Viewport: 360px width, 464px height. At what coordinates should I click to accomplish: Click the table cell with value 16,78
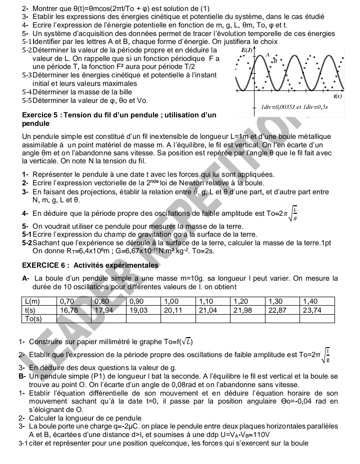tap(69, 310)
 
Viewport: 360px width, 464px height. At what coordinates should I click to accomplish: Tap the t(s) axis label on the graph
tap(338, 95)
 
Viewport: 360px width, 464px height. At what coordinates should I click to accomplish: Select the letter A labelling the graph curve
tap(268, 54)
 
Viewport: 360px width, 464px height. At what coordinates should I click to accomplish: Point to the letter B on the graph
tap(274, 61)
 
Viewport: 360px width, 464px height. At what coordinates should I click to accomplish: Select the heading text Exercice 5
tap(41, 115)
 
